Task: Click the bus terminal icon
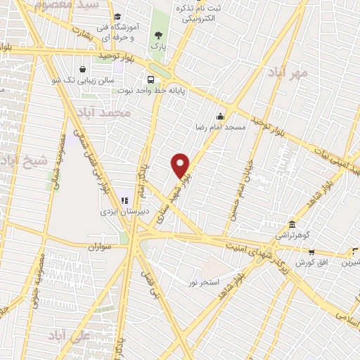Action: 150,79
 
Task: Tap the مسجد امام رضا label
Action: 220,129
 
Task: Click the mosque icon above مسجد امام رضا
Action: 221,117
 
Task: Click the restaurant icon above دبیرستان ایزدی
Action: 124,200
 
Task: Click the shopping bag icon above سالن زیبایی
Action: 84,70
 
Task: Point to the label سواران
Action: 101,247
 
